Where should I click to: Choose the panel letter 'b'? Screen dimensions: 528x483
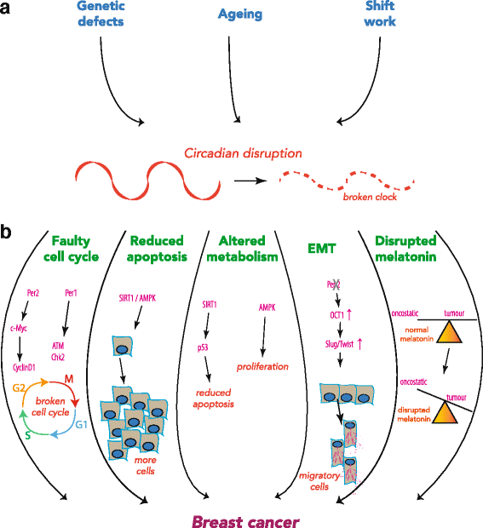click(x=9, y=230)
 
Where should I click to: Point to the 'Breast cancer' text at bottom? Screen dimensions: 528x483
click(x=240, y=516)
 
